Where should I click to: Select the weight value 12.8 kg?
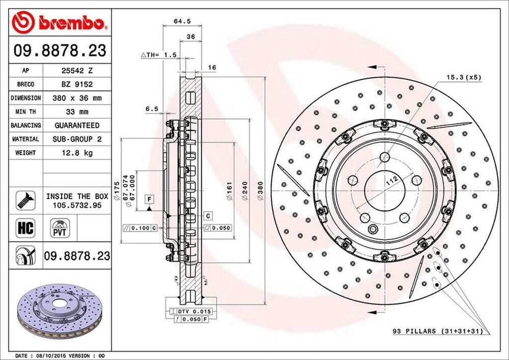point(77,153)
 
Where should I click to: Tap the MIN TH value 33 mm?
point(77,112)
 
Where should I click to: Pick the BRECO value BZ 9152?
point(77,85)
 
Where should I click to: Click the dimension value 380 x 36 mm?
point(77,98)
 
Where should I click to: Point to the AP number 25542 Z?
point(77,71)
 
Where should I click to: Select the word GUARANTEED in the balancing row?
point(77,126)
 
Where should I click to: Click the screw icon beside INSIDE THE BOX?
point(24,200)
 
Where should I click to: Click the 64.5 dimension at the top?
point(178,21)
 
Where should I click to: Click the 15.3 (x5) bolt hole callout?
point(463,77)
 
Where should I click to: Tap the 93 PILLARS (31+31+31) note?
point(438,331)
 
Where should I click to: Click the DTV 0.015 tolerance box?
point(192,311)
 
